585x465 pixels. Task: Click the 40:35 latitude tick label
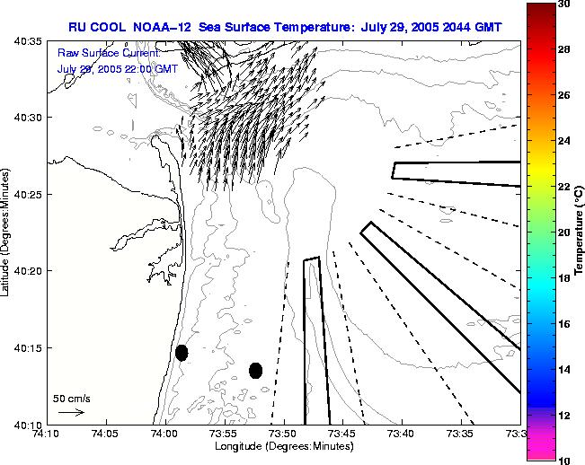tap(28, 41)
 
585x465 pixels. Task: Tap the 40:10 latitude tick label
tap(28, 424)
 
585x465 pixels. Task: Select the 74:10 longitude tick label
tap(46, 434)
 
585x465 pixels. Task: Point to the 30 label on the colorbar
tap(563, 4)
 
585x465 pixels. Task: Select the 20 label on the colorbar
tap(563, 232)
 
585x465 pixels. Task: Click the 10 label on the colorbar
tap(563, 460)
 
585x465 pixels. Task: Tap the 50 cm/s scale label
tap(72, 398)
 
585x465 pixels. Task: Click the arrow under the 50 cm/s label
tap(71, 413)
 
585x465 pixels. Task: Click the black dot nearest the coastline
tap(182, 353)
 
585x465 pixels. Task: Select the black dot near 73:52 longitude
tap(256, 370)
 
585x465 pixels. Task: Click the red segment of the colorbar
tap(540, 36)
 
